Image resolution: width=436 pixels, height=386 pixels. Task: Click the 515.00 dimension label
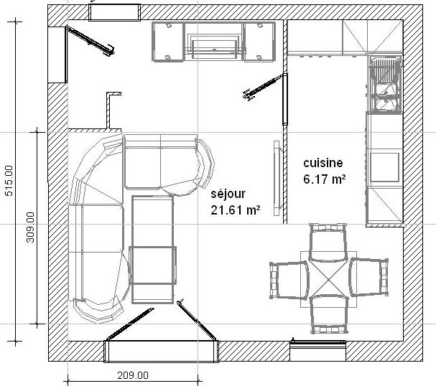9,181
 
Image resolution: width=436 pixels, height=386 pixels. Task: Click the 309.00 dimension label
30,227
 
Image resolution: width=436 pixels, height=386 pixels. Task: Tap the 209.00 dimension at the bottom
133,375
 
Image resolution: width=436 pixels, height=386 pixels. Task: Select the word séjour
228,194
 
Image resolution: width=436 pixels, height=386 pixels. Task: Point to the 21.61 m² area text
236,210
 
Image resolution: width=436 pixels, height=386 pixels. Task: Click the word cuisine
323,163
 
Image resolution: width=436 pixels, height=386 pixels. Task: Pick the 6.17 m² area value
325,179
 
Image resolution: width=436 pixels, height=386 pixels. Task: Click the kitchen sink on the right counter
385,84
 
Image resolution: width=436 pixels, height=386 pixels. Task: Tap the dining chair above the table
328,243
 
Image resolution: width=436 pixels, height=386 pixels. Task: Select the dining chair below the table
329,314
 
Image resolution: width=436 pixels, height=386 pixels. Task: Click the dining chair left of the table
289,280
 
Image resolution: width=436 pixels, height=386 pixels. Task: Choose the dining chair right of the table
368,277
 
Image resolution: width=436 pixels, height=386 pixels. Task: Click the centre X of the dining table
329,279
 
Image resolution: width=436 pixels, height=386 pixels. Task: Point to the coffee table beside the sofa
153,250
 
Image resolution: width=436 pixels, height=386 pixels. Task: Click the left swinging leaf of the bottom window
129,324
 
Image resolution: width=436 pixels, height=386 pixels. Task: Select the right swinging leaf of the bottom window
196,319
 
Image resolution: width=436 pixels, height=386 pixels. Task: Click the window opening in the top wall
114,12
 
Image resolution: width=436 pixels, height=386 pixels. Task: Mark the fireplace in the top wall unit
214,42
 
